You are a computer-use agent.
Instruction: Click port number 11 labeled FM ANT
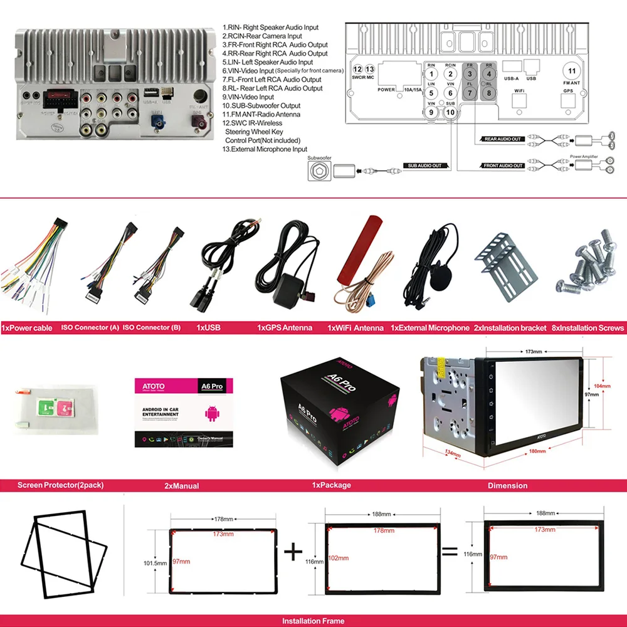[x=571, y=71]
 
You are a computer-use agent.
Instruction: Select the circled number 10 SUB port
[x=450, y=112]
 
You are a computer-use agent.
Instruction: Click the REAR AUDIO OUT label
[x=503, y=139]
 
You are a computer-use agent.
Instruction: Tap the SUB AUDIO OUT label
[x=424, y=166]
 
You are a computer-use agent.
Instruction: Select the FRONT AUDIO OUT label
[x=503, y=166]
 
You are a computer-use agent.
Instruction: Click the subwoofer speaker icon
[x=319, y=171]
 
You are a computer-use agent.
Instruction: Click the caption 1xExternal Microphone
[x=430, y=328]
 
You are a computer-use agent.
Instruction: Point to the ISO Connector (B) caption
[x=151, y=328]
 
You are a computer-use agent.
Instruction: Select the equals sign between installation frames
[x=450, y=552]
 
